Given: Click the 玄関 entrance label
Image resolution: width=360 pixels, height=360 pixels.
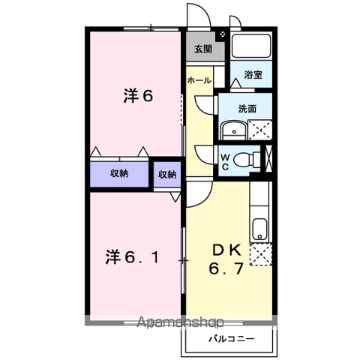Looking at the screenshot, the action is click(x=203, y=49).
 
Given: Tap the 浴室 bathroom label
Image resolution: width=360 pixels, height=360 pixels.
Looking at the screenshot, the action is click(x=253, y=75).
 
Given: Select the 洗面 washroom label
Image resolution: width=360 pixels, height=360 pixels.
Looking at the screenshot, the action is click(x=247, y=109).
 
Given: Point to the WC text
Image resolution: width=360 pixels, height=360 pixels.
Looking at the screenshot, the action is click(x=225, y=162).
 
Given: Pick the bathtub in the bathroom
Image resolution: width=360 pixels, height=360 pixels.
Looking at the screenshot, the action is click(x=251, y=46).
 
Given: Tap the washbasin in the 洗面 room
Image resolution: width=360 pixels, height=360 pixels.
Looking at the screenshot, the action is click(x=234, y=130).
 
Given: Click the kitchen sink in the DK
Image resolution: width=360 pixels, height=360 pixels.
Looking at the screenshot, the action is click(x=259, y=229).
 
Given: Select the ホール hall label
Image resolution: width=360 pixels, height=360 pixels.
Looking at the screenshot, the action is click(x=199, y=80).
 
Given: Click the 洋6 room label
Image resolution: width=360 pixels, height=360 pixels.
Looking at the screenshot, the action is click(x=138, y=96).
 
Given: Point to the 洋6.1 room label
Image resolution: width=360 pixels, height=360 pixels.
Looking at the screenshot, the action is click(x=132, y=257).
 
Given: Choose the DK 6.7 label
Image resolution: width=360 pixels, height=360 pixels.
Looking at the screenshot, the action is click(x=226, y=259).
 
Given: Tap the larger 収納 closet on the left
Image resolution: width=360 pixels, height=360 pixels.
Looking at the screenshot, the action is click(x=119, y=173).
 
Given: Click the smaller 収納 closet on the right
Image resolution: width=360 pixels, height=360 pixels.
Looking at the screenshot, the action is click(x=167, y=175).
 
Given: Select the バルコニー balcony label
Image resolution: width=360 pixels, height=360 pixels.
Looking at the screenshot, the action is click(x=232, y=339).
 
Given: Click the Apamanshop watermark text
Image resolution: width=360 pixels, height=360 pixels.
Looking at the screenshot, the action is click(x=180, y=322).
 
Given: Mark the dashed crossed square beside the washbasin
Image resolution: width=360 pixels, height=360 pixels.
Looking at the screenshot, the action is click(x=260, y=130).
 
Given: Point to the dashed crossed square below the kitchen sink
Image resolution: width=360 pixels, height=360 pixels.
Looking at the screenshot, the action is click(x=261, y=254).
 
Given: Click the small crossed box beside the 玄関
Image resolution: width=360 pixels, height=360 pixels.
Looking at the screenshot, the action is click(x=222, y=34).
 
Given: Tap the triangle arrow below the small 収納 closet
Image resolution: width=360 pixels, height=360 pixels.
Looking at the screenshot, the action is click(x=175, y=196).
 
